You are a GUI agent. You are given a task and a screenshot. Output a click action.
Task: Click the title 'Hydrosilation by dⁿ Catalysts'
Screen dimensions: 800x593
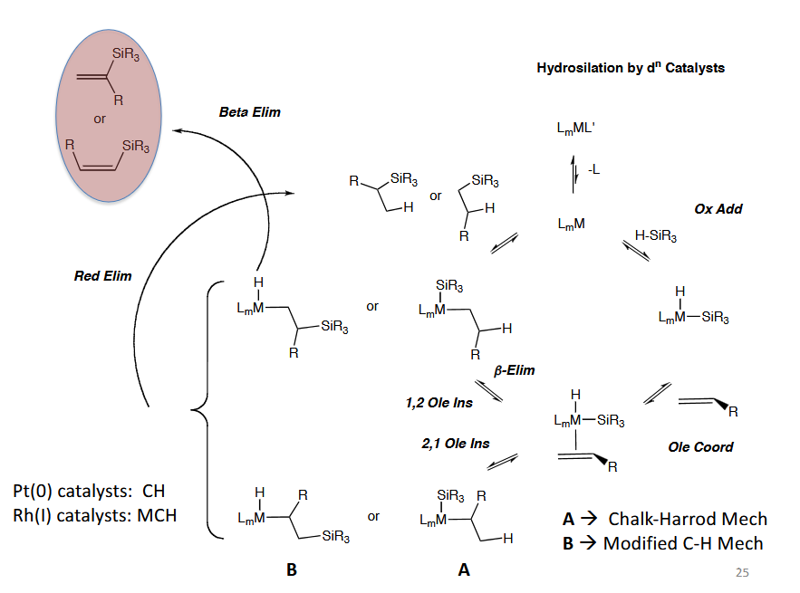click(x=631, y=68)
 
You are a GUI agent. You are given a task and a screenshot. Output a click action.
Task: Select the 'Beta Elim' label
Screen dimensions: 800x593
click(x=249, y=112)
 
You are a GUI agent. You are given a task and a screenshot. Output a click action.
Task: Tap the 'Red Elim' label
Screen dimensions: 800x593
click(x=102, y=276)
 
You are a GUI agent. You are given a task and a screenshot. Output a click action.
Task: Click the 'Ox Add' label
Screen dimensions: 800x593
click(x=718, y=209)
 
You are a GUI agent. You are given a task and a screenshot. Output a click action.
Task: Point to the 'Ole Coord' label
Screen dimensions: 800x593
click(x=700, y=447)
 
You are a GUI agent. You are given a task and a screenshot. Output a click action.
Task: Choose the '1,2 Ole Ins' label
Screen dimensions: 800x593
click(x=439, y=403)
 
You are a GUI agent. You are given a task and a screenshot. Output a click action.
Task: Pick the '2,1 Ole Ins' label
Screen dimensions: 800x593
click(x=455, y=444)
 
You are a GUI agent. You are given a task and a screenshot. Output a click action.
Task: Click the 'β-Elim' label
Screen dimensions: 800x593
click(x=514, y=370)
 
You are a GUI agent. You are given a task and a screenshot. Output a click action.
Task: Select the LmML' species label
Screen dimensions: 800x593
click(x=575, y=129)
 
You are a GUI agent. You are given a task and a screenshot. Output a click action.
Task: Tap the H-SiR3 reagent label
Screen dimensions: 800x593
click(x=656, y=235)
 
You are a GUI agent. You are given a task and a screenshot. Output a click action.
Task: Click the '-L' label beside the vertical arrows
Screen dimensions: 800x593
click(x=593, y=169)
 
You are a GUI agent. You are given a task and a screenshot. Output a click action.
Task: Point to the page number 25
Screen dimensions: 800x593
click(x=742, y=572)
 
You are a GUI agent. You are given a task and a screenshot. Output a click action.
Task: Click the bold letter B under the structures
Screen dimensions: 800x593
click(x=292, y=569)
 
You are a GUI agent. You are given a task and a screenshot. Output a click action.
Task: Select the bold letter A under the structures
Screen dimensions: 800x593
click(x=463, y=569)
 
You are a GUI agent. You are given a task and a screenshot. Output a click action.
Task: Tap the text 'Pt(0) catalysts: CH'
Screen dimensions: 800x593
click(x=89, y=491)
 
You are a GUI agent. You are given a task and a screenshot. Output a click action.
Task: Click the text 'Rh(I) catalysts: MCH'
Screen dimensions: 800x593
click(x=94, y=515)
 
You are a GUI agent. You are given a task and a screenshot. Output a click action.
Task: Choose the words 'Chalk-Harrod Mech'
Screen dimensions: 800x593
click(x=688, y=519)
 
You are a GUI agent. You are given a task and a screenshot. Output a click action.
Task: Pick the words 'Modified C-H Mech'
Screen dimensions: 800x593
click(x=682, y=543)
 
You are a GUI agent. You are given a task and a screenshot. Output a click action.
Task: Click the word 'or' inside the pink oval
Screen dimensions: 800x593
click(x=100, y=120)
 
